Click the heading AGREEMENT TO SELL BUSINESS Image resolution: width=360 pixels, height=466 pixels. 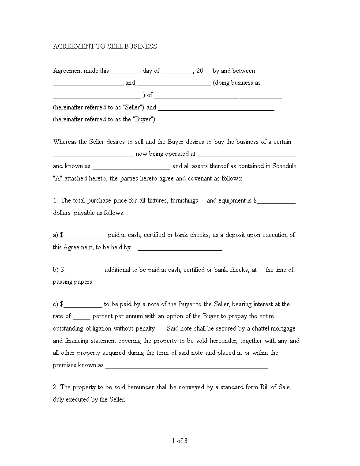point(105,46)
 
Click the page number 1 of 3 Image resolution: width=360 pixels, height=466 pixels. point(180,440)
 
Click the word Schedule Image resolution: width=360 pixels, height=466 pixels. point(284,166)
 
